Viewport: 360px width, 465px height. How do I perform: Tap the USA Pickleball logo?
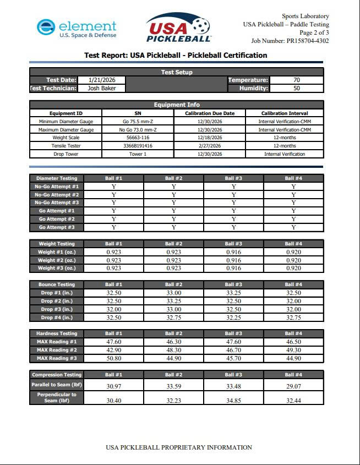pos(179,28)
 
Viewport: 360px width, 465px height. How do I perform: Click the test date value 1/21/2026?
pos(101,80)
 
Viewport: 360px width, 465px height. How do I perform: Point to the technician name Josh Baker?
pos(101,88)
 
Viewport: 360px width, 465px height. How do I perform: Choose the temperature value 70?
pos(297,80)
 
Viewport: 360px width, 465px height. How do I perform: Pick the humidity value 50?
pos(297,88)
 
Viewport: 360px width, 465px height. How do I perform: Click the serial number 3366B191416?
pos(138,146)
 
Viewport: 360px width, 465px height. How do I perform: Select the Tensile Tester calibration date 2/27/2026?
pos(209,146)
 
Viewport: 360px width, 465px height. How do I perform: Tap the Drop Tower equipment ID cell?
pos(66,154)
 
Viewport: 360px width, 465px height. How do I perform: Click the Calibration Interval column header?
pos(285,113)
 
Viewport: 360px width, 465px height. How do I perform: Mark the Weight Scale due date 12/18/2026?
pos(209,138)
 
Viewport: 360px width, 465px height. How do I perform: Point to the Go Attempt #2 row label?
pos(57,219)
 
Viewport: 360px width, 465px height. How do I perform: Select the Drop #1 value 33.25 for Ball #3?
pos(233,293)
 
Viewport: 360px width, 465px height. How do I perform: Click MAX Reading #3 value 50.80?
pos(114,358)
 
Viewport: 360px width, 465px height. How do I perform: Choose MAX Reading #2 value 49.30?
pos(293,350)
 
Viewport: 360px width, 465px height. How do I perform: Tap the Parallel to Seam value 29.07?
pos(293,386)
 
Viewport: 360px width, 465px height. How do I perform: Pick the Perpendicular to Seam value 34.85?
pos(233,400)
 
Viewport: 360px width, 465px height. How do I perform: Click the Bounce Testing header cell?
pos(57,285)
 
